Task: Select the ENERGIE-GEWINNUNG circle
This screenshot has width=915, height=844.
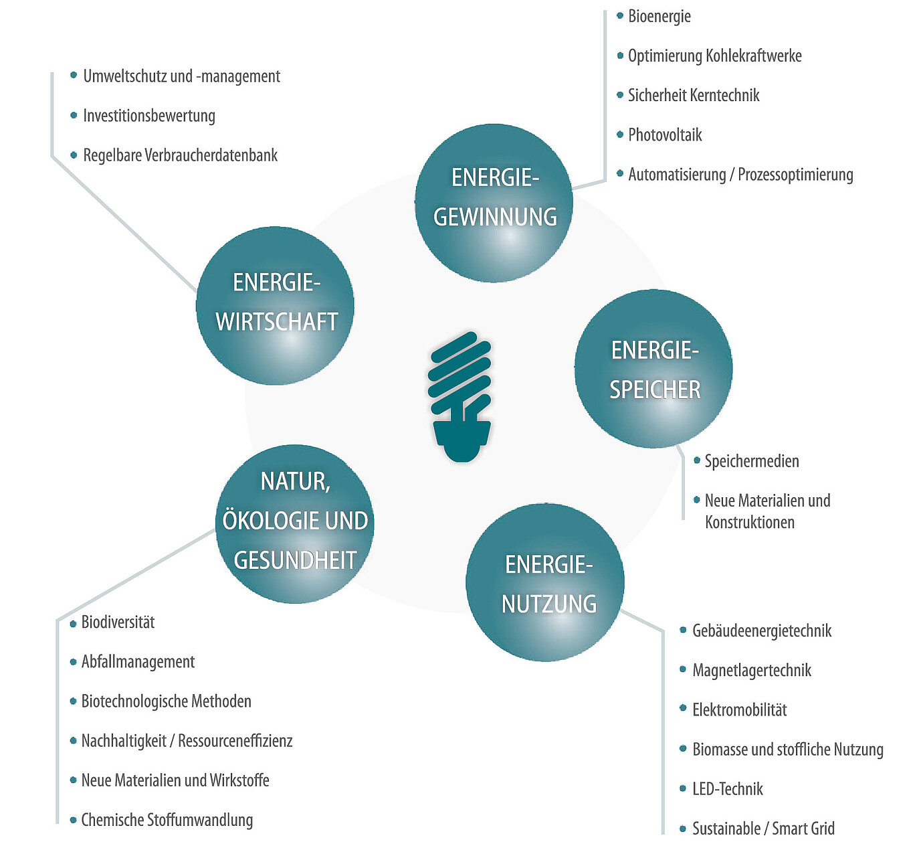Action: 494,203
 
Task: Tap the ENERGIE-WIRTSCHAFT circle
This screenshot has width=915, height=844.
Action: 275,306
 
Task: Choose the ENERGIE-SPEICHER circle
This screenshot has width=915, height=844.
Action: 653,369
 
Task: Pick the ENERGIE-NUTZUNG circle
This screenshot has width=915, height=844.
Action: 545,582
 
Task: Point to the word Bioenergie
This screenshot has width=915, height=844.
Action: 659,17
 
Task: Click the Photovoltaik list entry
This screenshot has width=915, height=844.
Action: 665,135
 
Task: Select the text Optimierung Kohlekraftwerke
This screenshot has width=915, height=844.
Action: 714,56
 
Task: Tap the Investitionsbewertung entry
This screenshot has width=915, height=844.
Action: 149,116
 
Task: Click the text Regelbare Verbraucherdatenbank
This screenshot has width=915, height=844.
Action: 180,155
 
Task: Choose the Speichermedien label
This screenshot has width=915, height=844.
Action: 752,461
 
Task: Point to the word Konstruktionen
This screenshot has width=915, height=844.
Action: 750,522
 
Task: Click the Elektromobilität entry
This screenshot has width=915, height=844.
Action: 740,710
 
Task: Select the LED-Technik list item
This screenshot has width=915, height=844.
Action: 728,789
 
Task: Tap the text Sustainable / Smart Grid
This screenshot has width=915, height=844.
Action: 763,829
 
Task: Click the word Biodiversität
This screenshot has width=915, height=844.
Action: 118,622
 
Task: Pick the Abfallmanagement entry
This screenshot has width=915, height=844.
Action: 138,662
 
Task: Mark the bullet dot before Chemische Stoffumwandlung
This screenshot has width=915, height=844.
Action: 74,820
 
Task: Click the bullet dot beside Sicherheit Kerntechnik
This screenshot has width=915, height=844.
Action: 620,95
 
